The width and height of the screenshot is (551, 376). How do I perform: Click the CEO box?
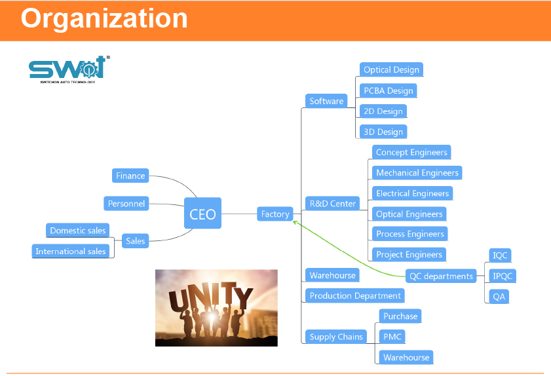coord(202,214)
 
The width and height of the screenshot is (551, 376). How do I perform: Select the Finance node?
coord(130,176)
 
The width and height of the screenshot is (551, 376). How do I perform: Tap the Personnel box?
coord(126,204)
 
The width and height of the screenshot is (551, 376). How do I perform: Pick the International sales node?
coord(71,252)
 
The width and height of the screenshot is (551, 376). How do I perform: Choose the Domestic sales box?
coord(78,231)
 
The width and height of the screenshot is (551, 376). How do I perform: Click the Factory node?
coord(275,214)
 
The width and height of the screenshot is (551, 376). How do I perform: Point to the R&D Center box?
coord(333,204)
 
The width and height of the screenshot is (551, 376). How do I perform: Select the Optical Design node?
coord(391,70)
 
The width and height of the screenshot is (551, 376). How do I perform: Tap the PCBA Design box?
coord(389,91)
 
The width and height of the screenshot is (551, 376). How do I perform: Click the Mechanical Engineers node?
coord(417,173)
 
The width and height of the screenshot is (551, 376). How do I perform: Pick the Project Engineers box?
coord(409,255)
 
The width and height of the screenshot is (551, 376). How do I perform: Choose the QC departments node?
coord(441,276)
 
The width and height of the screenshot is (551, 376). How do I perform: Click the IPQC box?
coord(503,276)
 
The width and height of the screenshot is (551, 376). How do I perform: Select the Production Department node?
coord(355,296)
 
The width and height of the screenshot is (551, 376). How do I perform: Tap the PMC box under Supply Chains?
coord(392,337)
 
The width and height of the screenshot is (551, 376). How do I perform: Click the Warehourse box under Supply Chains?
coord(406,358)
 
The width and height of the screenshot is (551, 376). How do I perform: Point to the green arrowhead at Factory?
coord(295,223)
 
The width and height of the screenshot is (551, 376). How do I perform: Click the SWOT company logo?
coord(67,68)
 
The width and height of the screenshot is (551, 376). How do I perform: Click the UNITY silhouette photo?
coord(216,307)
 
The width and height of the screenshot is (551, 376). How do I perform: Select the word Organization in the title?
coord(104,18)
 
